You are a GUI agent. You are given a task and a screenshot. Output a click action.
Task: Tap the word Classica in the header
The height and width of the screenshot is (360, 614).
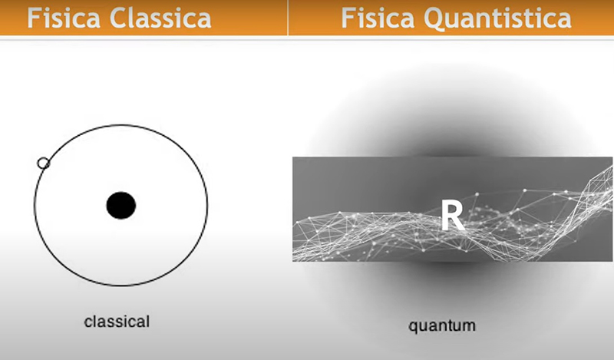[160, 18]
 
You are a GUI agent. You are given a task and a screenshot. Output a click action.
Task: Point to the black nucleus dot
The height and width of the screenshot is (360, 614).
[121, 205]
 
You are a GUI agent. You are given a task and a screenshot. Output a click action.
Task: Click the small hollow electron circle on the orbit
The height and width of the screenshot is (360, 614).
[43, 163]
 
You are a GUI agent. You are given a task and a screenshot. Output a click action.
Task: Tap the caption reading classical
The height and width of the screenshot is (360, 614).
[117, 322]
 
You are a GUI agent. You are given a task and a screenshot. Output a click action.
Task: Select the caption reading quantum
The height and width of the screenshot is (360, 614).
[442, 326]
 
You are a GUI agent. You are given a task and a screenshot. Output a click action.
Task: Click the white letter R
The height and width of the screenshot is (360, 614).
[453, 215]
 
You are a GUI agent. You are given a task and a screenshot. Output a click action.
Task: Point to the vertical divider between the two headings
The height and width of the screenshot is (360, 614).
[288, 18]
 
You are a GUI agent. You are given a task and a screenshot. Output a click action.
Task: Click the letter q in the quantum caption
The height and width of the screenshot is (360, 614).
[413, 328]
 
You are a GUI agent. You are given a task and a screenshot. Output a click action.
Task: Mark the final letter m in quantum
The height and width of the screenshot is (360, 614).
[470, 326]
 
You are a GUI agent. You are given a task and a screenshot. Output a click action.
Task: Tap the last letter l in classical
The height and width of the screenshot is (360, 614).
[147, 322]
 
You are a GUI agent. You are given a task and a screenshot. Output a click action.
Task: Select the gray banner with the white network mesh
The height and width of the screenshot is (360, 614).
[452, 210]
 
